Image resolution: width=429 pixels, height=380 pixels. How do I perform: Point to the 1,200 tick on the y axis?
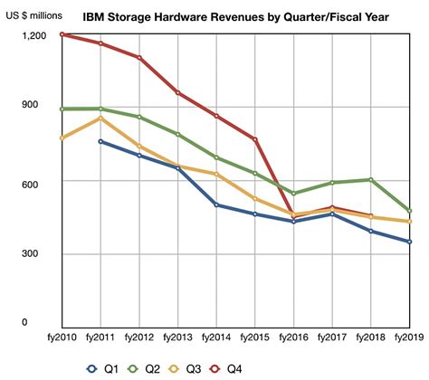click(33, 34)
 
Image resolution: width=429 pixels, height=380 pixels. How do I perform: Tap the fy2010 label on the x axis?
click(61, 337)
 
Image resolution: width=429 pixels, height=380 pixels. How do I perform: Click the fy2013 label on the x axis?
click(177, 337)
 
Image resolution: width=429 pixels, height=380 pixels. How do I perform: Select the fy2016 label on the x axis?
click(293, 337)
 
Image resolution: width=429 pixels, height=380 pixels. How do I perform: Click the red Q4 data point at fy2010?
click(62, 34)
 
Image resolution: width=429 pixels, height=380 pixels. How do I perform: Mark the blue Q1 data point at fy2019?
click(409, 242)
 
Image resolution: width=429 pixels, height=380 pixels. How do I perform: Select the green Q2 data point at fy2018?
click(371, 179)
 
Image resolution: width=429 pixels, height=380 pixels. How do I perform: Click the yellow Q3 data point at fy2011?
click(100, 118)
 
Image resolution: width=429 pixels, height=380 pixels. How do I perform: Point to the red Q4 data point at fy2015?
click(255, 139)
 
